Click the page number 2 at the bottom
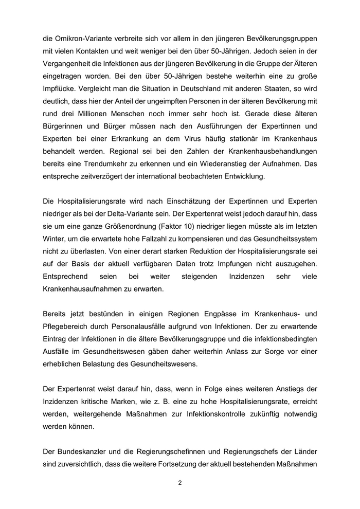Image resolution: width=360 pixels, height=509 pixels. (180, 483)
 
